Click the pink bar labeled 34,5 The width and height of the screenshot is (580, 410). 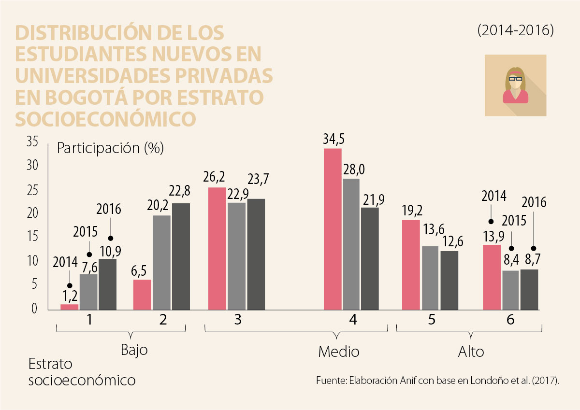[333, 229]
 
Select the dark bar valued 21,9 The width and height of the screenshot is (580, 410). [370, 258]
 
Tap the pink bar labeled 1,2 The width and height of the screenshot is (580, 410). [69, 307]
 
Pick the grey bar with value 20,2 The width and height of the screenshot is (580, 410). [161, 262]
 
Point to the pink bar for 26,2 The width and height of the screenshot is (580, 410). [217, 248]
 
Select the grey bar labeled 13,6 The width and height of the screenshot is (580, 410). [430, 278]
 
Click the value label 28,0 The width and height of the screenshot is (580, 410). [354, 170]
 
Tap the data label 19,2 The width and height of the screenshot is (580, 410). [412, 211]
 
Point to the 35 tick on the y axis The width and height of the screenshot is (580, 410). [32, 142]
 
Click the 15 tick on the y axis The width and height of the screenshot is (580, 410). [31, 237]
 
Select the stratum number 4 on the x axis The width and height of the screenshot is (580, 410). [353, 320]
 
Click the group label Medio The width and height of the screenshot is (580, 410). [339, 352]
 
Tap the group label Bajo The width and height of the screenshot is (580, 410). [133, 350]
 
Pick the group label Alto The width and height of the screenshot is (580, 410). [471, 352]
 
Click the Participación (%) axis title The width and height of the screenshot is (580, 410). [110, 148]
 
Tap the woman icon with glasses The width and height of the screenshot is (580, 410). [515, 85]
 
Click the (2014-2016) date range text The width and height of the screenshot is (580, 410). [515, 30]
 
